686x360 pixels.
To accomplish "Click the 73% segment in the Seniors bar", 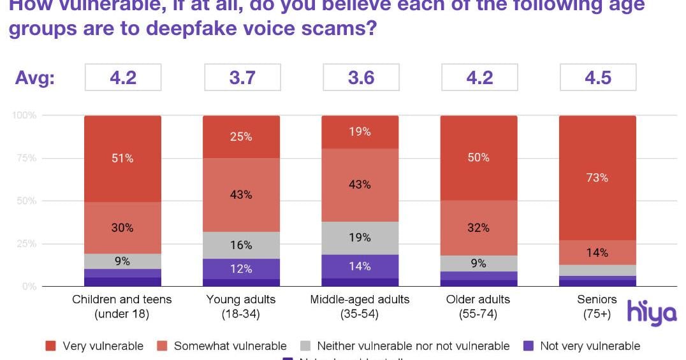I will (x=597, y=178).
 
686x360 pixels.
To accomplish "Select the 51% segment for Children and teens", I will (x=122, y=159).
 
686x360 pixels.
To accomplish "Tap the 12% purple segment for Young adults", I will (x=241, y=269).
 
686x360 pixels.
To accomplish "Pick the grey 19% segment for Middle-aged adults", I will (x=360, y=238).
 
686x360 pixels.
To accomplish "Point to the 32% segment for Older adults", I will (x=479, y=227).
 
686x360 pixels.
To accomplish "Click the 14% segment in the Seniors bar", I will (x=597, y=252).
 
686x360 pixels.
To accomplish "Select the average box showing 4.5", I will (x=597, y=77).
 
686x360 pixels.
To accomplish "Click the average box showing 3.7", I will (x=242, y=77).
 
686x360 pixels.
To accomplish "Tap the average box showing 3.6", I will (x=360, y=77).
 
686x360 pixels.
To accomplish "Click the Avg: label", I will (x=35, y=78).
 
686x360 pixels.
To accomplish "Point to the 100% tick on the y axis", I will (x=25, y=115).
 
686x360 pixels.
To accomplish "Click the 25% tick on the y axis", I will (x=27, y=244).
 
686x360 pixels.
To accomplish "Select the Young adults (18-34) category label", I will (x=241, y=306).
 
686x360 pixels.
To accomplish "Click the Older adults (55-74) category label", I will (x=479, y=306).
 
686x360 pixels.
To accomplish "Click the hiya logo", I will (x=651, y=312).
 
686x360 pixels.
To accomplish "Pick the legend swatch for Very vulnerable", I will (x=51, y=346).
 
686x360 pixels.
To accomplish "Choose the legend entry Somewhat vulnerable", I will (x=230, y=346).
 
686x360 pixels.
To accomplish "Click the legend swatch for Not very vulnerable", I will (x=528, y=346).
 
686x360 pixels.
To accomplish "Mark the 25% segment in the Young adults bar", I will (x=241, y=136).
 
